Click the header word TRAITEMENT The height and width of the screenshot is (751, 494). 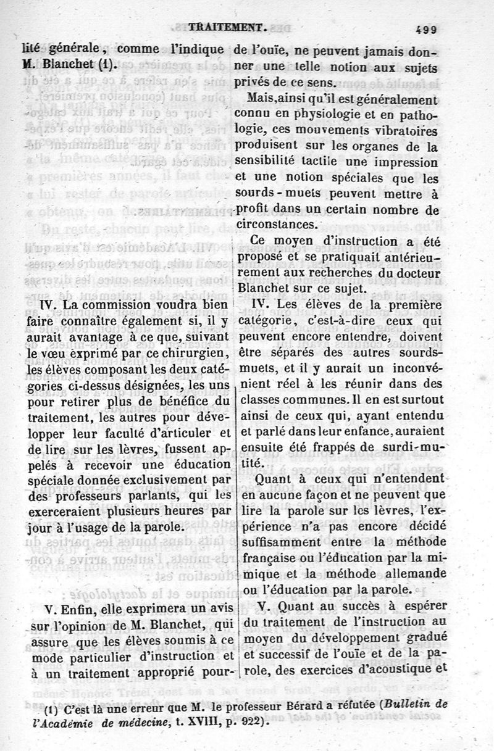click(228, 27)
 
